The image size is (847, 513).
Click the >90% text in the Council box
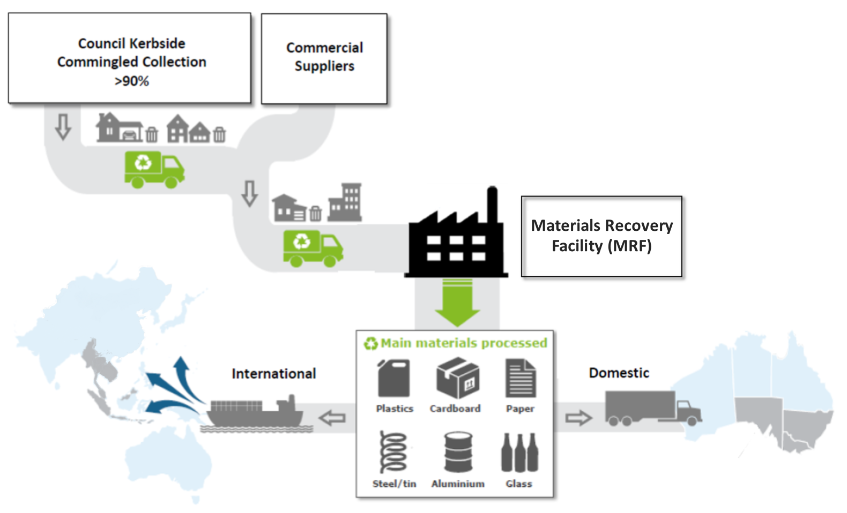coord(131,81)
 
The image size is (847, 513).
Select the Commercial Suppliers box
coord(324,58)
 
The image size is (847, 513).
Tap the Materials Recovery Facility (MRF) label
coord(601,236)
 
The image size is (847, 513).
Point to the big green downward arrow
coord(457,303)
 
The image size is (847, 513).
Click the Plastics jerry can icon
coord(394,378)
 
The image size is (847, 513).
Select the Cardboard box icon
coord(457,378)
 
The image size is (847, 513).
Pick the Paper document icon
coord(520,378)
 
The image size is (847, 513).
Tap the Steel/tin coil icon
coord(393,451)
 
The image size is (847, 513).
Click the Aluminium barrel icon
coord(458,452)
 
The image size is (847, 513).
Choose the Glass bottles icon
coord(519,452)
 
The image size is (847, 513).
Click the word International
coord(273,374)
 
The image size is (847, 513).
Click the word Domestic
coord(619,373)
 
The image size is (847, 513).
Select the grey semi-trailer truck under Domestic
coord(651,408)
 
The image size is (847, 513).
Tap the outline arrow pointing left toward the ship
coord(332,418)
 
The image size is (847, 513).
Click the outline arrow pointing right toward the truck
coord(578,418)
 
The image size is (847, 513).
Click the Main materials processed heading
coord(463,343)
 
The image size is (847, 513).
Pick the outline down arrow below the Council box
coord(63,126)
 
